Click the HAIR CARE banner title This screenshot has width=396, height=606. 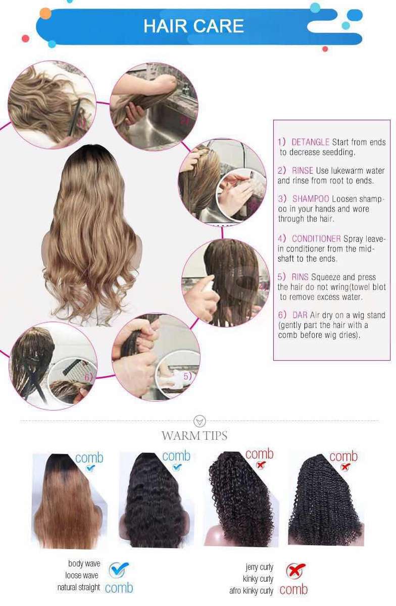coord(193,26)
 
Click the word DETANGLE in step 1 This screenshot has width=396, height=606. coord(310,142)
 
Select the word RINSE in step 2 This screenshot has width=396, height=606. coord(303,171)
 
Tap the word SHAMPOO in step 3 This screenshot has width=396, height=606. coord(311,199)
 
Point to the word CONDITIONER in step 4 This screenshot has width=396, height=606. coord(316,238)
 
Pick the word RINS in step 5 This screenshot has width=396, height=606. coord(300,277)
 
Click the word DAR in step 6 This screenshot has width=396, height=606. coord(300,315)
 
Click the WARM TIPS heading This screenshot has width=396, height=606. coord(194,435)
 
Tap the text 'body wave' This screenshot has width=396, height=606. coord(84,564)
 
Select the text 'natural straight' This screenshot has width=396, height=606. coord(78,587)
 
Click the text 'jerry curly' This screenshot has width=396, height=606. coord(259,567)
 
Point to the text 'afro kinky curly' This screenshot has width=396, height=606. coord(251,590)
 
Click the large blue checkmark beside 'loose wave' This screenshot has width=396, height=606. coord(119,570)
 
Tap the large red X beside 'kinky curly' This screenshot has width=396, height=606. coord(295,571)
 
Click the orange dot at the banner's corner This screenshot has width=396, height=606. coord(45,14)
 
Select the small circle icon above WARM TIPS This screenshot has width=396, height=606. coord(200,421)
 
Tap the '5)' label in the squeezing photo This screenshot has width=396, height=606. coord(187,376)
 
